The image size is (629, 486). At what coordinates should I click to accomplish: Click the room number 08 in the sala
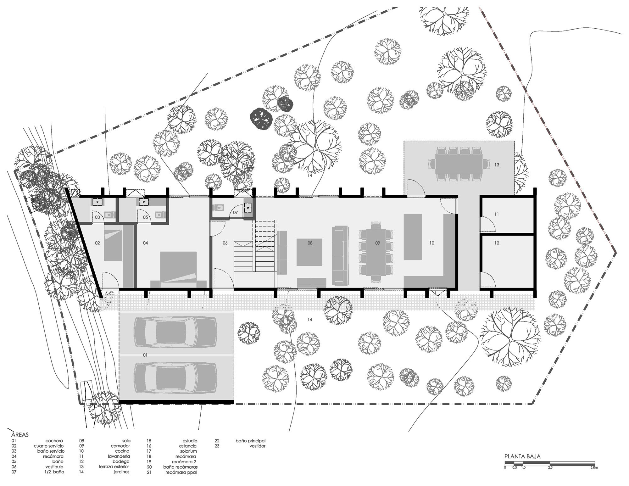[x=310, y=243]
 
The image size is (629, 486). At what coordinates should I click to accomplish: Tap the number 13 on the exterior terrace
[x=497, y=165]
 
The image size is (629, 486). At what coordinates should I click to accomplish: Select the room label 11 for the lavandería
[x=497, y=214]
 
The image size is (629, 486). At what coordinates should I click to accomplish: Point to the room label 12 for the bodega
[x=497, y=243]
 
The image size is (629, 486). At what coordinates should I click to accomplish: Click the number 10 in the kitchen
[x=432, y=243]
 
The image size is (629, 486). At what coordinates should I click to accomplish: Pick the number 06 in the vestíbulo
[x=225, y=243]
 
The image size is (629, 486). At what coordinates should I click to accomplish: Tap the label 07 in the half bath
[x=236, y=212]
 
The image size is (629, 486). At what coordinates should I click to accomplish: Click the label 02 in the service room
[x=97, y=243]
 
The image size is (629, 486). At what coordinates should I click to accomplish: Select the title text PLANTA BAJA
[x=522, y=456]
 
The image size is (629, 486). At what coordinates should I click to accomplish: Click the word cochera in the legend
[x=54, y=441]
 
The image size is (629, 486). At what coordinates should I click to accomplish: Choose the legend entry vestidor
[x=257, y=446]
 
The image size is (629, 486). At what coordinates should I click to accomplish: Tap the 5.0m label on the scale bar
[x=594, y=467]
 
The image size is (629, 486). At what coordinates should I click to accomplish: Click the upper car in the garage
[x=175, y=332]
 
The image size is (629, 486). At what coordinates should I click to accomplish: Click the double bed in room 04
[x=178, y=270]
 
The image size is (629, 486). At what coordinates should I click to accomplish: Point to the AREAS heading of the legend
[x=20, y=435]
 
